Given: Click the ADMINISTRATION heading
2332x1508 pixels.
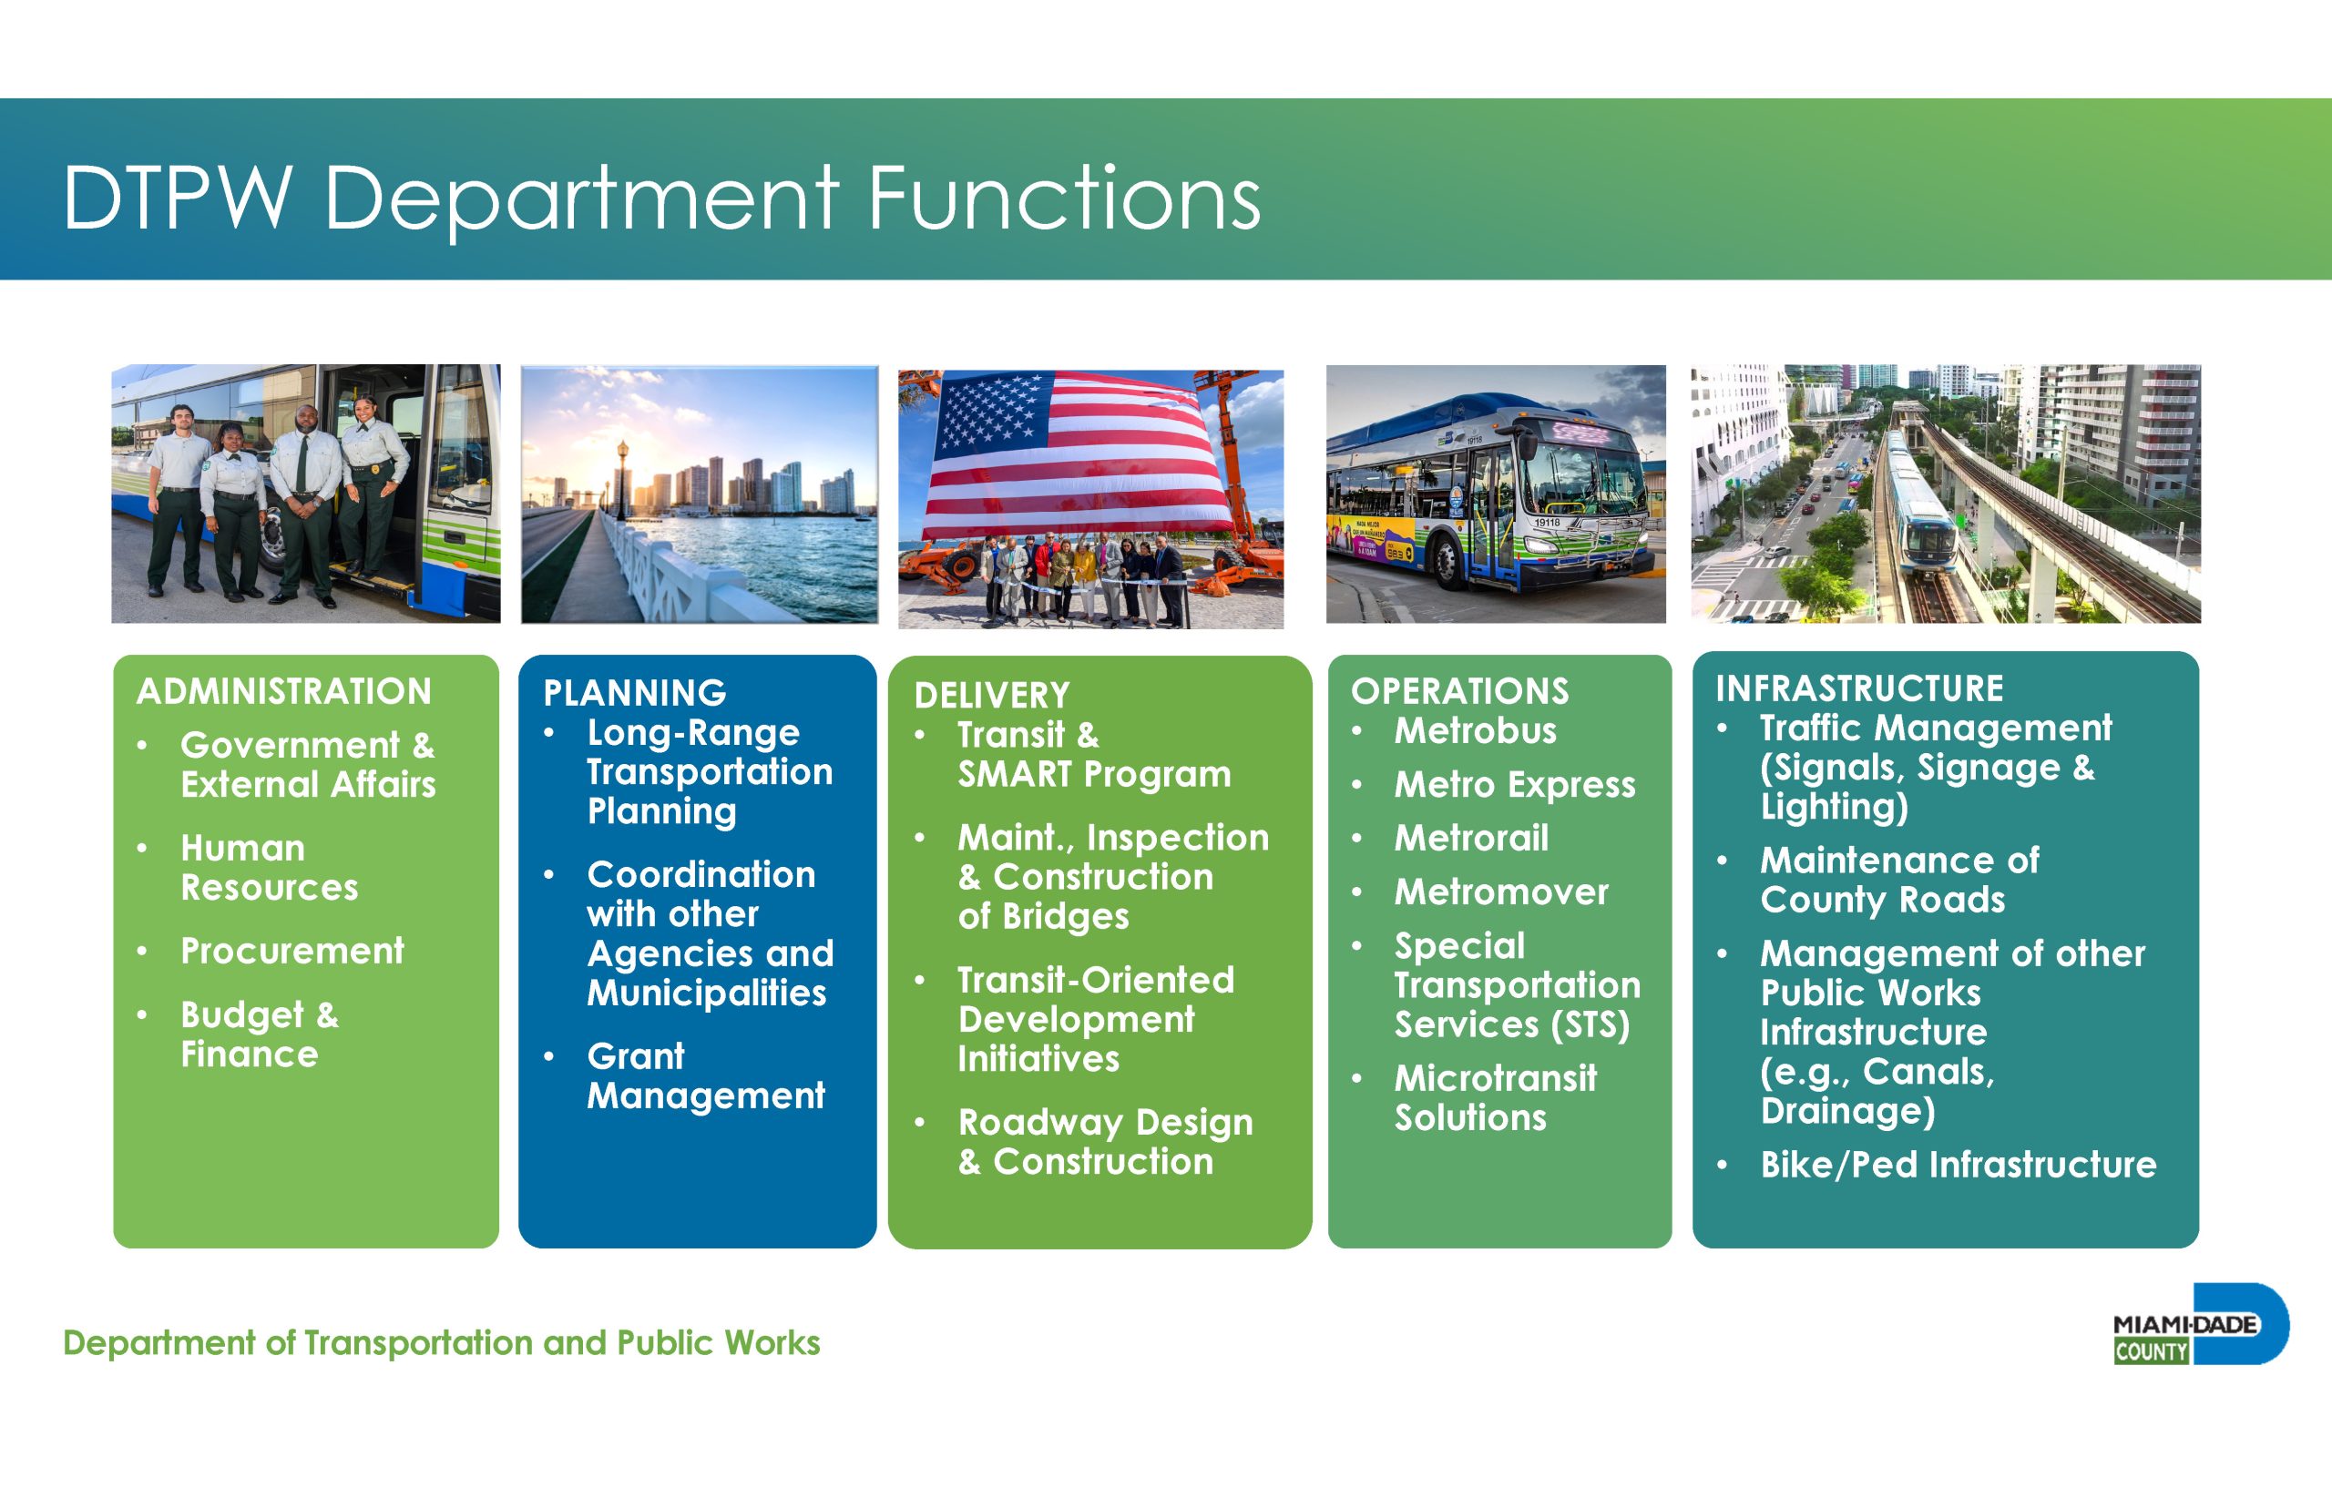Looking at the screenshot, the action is click(284, 691).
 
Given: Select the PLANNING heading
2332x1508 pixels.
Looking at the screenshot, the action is click(635, 693).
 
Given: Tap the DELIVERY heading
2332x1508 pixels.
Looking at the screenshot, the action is click(992, 695).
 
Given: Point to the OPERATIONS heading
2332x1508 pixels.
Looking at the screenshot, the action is click(1459, 691).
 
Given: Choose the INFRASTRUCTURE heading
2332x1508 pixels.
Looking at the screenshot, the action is click(1859, 688).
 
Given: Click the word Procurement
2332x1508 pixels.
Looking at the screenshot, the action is click(291, 951).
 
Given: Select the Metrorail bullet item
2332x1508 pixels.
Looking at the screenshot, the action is click(1471, 838).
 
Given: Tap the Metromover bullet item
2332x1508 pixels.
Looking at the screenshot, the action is click(1501, 892).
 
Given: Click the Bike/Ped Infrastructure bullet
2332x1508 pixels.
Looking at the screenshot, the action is click(1958, 1165).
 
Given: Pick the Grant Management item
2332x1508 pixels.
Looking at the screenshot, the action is click(705, 1075).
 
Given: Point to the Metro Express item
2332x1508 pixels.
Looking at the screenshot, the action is click(1515, 784).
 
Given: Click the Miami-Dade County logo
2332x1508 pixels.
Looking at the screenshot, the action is click(2201, 1324).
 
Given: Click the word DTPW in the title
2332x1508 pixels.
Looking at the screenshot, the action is click(179, 198).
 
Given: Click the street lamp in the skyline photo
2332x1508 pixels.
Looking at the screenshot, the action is click(622, 477).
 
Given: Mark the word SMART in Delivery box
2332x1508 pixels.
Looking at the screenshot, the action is click(1015, 775).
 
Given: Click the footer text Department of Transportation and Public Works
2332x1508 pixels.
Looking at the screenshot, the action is click(442, 1342).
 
